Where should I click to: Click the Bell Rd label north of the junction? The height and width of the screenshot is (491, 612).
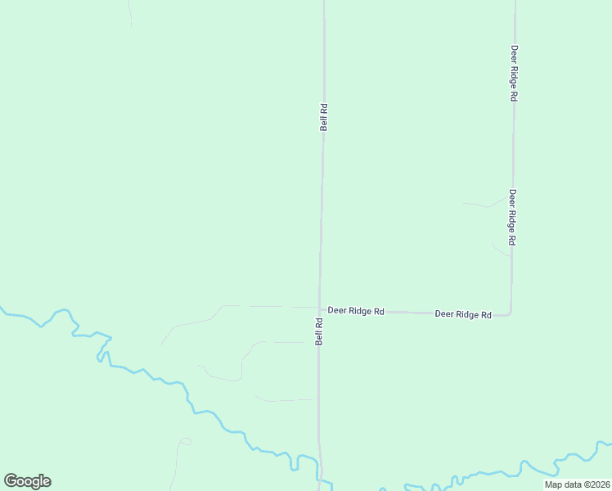(x=324, y=117)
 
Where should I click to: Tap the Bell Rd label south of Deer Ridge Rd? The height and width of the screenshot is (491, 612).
(x=320, y=331)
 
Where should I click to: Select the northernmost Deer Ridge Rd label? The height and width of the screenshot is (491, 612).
(x=514, y=72)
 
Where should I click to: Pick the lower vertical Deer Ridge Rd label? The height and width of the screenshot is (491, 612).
(x=512, y=217)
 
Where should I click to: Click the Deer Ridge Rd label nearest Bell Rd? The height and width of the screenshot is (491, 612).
(x=356, y=311)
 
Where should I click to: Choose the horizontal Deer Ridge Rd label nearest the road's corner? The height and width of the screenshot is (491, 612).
(x=462, y=313)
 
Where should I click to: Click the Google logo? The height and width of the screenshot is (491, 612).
(x=27, y=481)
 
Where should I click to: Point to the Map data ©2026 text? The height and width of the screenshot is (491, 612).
(x=576, y=484)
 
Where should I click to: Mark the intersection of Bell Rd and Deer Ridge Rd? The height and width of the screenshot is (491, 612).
(x=319, y=310)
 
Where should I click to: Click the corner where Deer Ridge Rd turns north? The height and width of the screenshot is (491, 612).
(x=511, y=313)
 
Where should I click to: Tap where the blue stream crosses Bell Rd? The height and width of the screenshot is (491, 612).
(x=321, y=480)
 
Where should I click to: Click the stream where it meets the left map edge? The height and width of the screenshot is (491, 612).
(x=2, y=309)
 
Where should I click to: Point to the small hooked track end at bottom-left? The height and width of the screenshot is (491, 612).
(x=185, y=441)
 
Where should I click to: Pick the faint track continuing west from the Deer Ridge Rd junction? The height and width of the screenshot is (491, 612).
(x=262, y=306)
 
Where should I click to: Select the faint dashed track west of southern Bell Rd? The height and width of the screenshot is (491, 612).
(x=286, y=400)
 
